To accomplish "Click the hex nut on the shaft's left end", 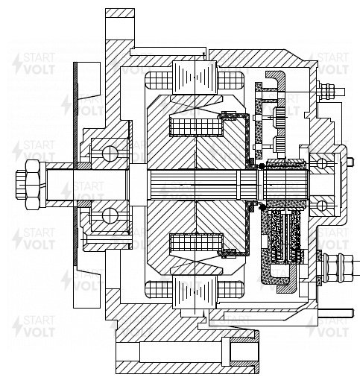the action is pos(28,185).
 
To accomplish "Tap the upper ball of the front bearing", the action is pos(110,154).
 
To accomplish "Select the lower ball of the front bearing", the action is pos(110,215).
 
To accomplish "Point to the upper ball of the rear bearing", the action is pos(322,163).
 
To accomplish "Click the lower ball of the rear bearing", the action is pos(322,206).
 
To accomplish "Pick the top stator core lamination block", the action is pos(195,78).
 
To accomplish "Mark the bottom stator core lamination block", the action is pos(195,292).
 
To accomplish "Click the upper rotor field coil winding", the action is pos(196,127).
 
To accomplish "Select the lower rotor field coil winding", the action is pos(196,243).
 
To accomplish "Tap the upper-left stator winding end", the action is pos(159,80).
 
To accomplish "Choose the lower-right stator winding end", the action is pos(230,289).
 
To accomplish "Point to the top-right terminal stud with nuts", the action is pos(331,92).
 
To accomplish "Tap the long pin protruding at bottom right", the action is pos(336,313).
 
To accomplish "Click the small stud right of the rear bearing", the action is pos(350,162).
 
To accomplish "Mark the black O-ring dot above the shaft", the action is pos(261,166).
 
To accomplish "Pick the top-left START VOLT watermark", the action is pos(34,64).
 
